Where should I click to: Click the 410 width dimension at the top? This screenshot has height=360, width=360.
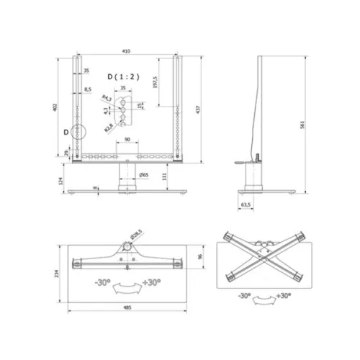click(126, 52)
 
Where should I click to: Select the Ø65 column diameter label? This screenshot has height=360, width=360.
click(144, 175)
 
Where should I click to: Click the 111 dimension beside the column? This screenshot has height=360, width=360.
click(164, 175)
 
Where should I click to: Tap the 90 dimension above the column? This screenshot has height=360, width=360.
click(127, 139)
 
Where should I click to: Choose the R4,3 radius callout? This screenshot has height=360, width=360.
click(107, 97)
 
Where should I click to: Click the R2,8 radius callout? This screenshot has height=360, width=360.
click(107, 125)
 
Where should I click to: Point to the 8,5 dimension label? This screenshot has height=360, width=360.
click(88, 89)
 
